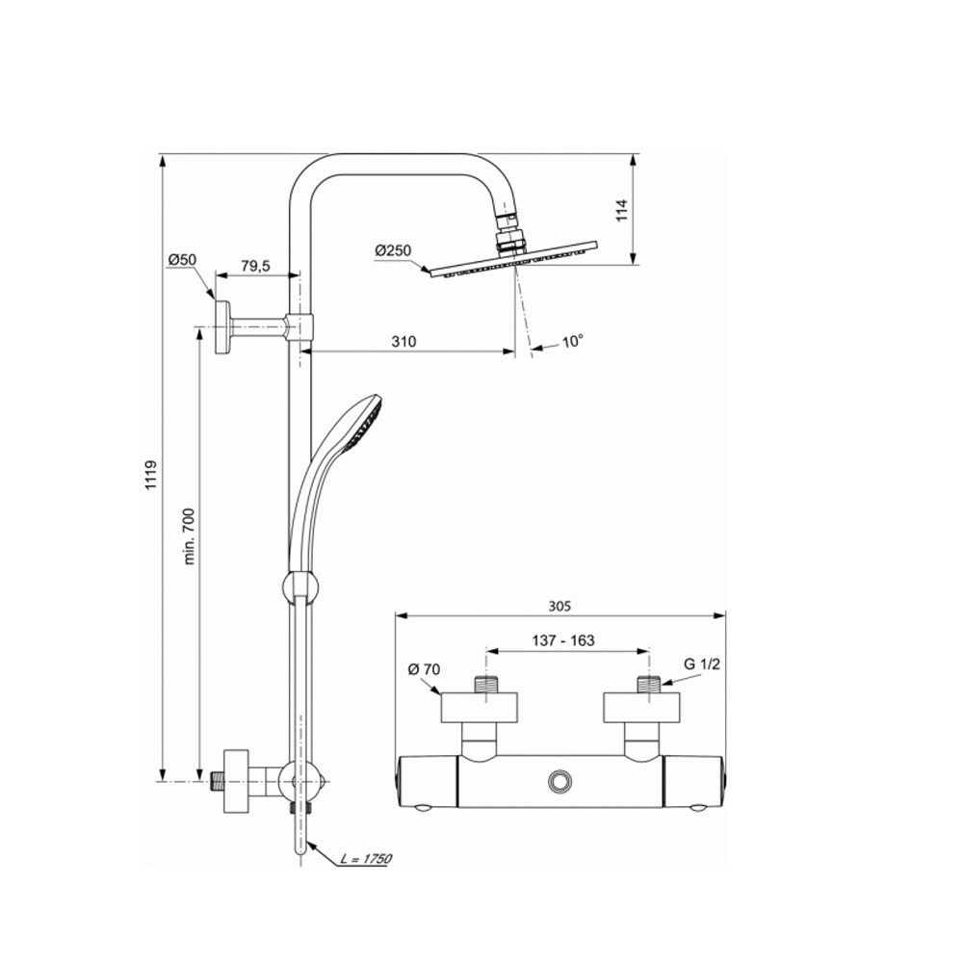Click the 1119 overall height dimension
[x=152, y=475]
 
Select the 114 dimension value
[x=623, y=210]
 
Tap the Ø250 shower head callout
[x=393, y=250]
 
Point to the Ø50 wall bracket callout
[x=182, y=260]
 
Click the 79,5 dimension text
[x=255, y=266]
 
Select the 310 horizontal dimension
[x=404, y=342]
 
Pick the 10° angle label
[x=572, y=341]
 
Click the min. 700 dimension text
[x=189, y=536]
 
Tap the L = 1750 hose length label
[x=366, y=859]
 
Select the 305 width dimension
[x=560, y=606]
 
